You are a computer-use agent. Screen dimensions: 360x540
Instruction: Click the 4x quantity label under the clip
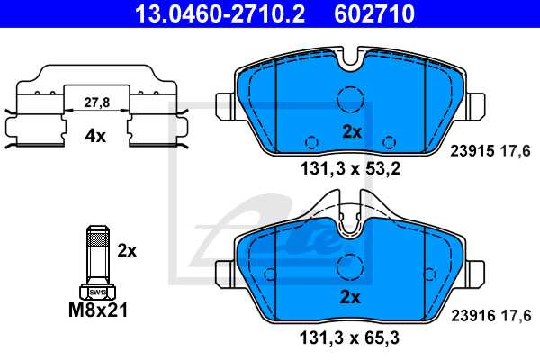pos(95,137)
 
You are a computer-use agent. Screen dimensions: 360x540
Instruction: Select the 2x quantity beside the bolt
pos(128,251)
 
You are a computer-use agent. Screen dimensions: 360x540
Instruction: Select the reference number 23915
pos(467,151)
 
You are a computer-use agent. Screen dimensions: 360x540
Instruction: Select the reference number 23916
pos(467,315)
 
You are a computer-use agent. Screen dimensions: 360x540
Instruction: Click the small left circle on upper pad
pos(311,141)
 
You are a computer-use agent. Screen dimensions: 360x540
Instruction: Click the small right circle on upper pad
pos(389,141)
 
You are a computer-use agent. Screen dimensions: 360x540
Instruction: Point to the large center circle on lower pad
pos(349,266)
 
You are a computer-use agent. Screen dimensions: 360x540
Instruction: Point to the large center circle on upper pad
pos(349,99)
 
